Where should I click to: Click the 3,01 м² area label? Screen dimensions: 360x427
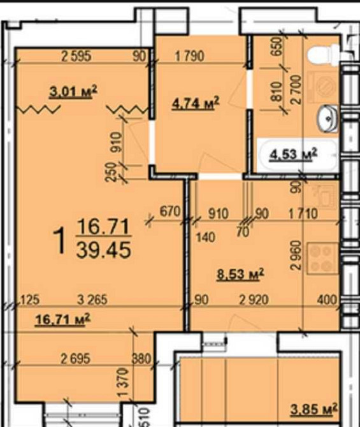[x=73, y=92]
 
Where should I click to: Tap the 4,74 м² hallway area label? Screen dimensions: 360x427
[x=195, y=103]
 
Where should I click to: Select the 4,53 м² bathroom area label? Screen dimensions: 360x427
[x=294, y=154]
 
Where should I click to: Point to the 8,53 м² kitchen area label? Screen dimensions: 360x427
[x=240, y=274]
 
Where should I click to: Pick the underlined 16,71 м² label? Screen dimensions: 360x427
[x=62, y=319]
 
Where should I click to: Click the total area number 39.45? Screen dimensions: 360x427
[x=103, y=250]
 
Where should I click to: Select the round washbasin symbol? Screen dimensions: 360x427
[x=327, y=119]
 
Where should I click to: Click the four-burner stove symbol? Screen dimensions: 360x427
[x=322, y=258]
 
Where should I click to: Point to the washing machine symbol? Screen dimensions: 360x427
[x=323, y=87]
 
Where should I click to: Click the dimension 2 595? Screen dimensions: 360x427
[x=76, y=57]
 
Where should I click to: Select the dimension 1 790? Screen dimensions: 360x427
[x=189, y=57]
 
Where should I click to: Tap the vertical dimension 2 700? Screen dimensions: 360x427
[x=296, y=90]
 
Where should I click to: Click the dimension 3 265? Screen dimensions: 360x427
[x=92, y=300]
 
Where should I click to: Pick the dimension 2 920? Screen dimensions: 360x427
[x=254, y=300]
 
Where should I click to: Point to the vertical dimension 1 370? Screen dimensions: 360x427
[x=123, y=382]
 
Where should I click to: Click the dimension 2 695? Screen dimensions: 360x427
[x=75, y=359]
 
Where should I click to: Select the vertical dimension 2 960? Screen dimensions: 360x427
[x=296, y=255]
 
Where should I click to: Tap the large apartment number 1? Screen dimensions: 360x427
[x=60, y=241]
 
